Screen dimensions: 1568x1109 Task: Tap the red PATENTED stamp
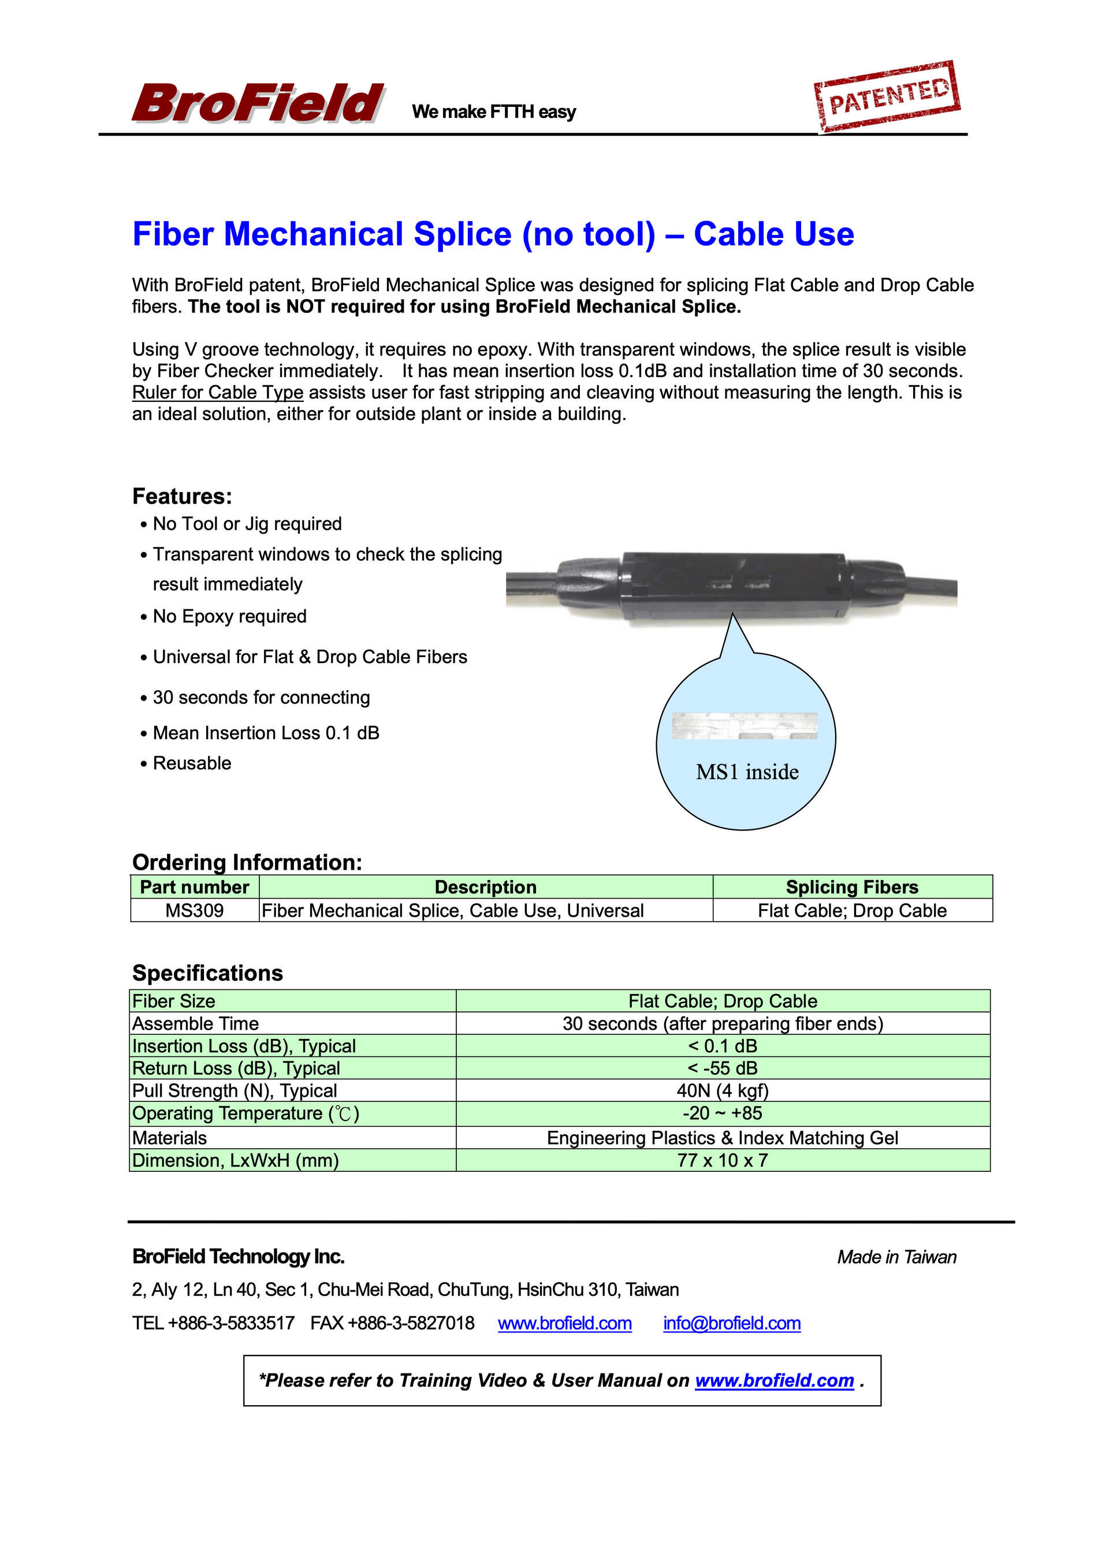tap(887, 96)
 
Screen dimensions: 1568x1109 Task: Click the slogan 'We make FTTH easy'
tap(494, 112)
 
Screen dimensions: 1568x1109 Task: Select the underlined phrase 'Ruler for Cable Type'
tap(217, 393)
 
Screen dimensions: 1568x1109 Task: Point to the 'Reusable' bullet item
tap(192, 763)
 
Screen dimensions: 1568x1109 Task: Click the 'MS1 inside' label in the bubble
tap(747, 772)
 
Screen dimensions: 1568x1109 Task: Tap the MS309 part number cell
tap(195, 910)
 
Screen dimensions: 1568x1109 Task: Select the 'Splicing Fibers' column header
tap(851, 887)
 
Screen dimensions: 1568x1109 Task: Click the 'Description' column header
tap(486, 887)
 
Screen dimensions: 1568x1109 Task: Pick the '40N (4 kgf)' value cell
tap(723, 1090)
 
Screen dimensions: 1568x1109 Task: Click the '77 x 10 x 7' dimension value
tap(723, 1160)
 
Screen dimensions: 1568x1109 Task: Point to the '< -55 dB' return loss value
tap(723, 1068)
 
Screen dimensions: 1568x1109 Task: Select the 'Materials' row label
tap(169, 1138)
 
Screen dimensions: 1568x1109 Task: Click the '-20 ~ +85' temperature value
tap(723, 1113)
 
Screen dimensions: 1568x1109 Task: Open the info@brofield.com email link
tap(731, 1324)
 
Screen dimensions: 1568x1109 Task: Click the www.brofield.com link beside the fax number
tap(565, 1324)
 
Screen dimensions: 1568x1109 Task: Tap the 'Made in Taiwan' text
tap(896, 1257)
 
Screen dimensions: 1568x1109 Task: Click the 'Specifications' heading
tap(207, 973)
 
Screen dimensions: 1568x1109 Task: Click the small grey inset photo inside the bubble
tap(745, 726)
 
